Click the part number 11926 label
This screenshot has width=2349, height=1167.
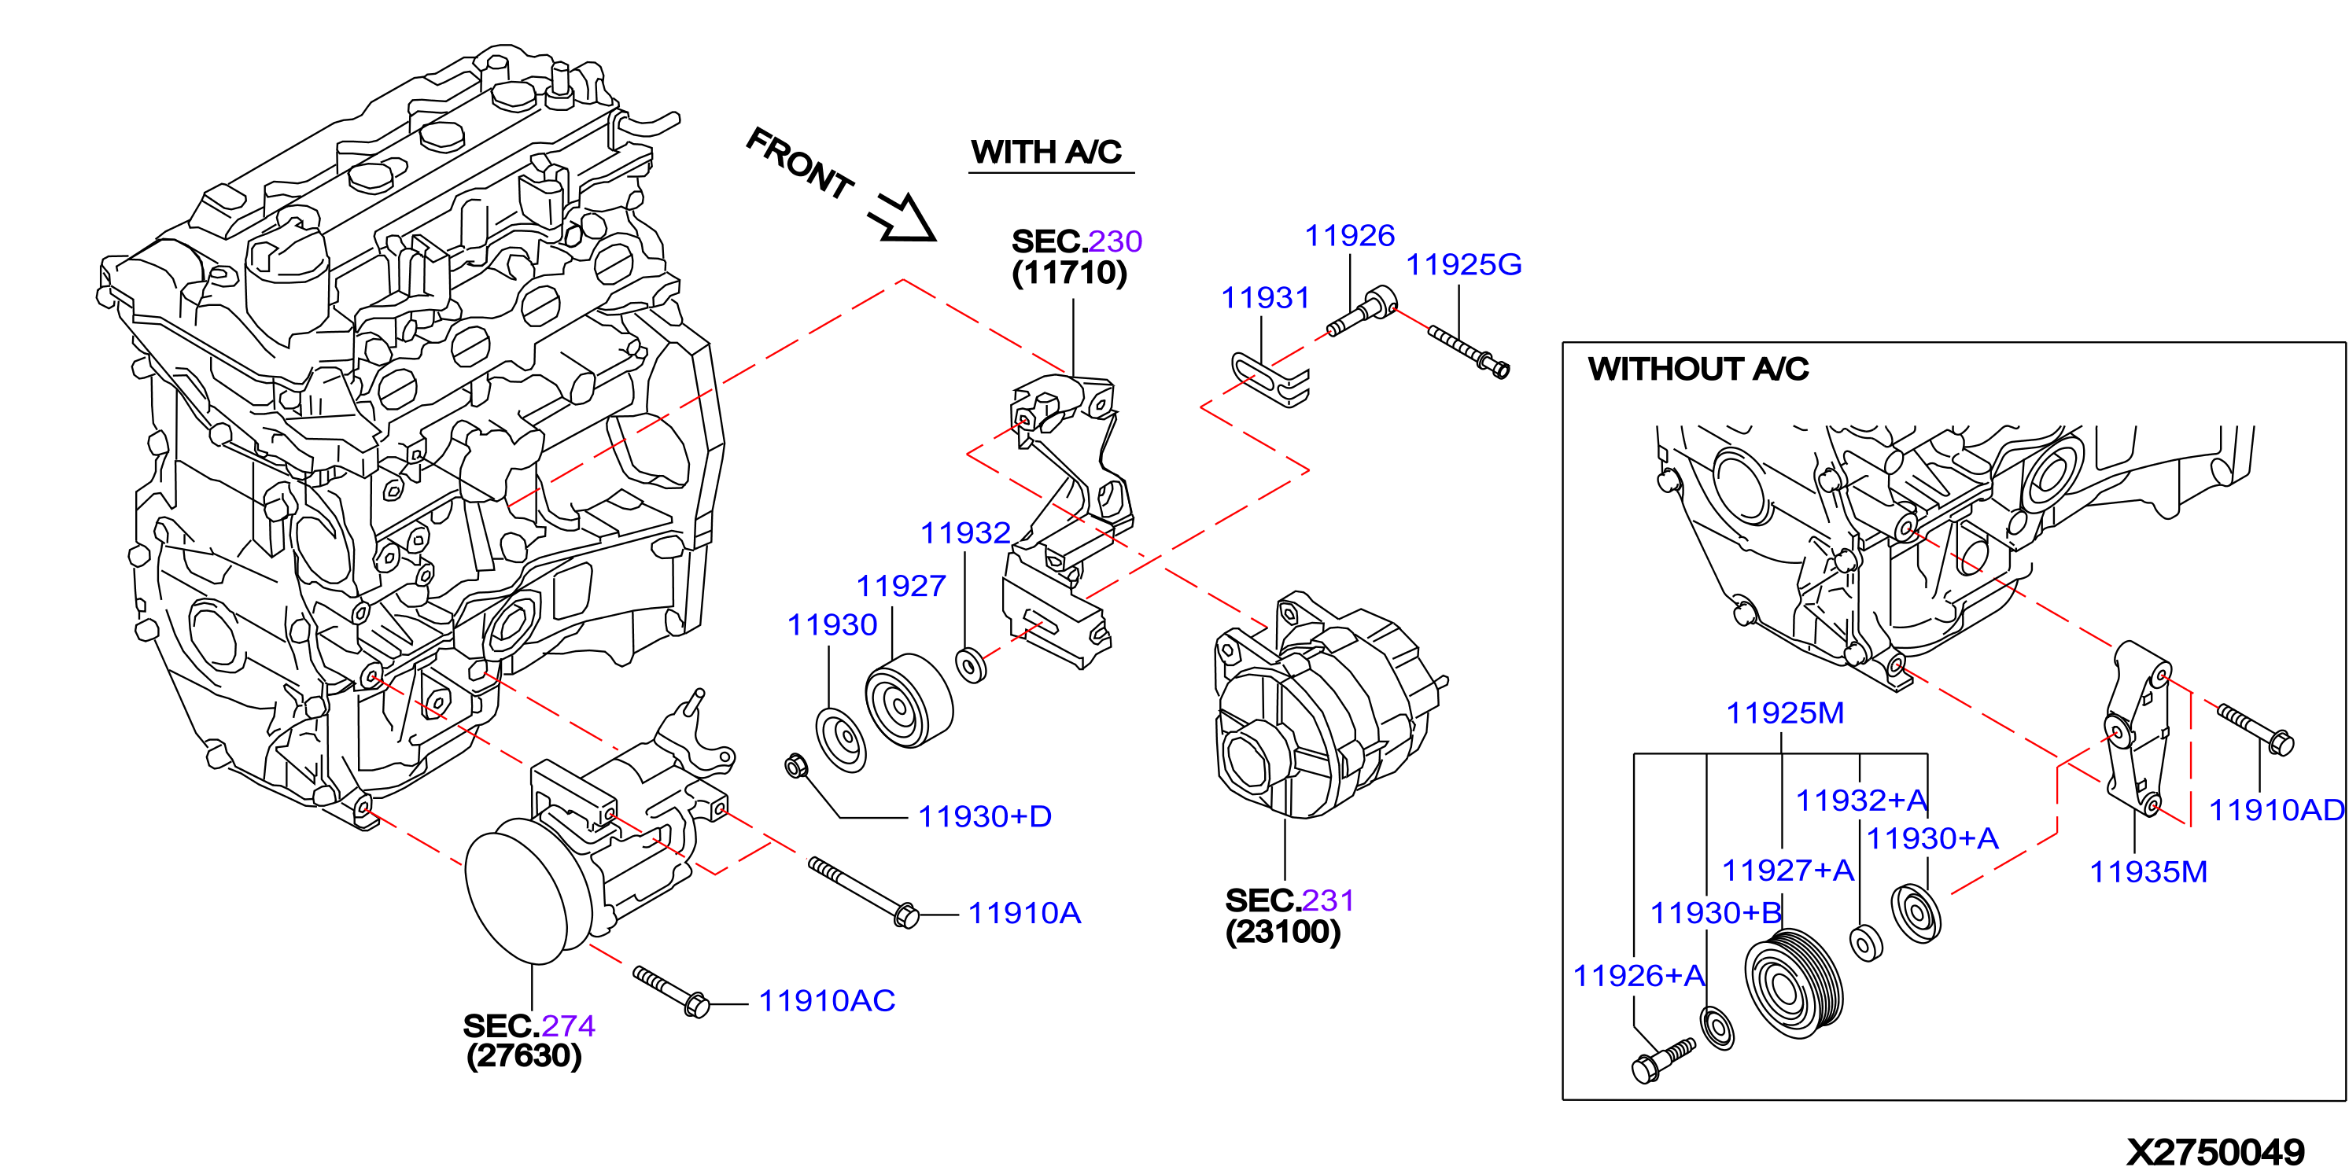(1350, 235)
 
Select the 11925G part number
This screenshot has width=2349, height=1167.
(1463, 264)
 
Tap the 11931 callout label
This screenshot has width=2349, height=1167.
(1265, 297)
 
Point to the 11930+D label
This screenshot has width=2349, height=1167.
(985, 816)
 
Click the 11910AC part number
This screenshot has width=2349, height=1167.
(827, 1000)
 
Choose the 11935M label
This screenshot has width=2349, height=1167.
(2148, 871)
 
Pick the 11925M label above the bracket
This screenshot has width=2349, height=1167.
(1784, 713)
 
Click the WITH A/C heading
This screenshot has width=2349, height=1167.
(1046, 151)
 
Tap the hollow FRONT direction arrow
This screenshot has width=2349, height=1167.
(903, 219)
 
